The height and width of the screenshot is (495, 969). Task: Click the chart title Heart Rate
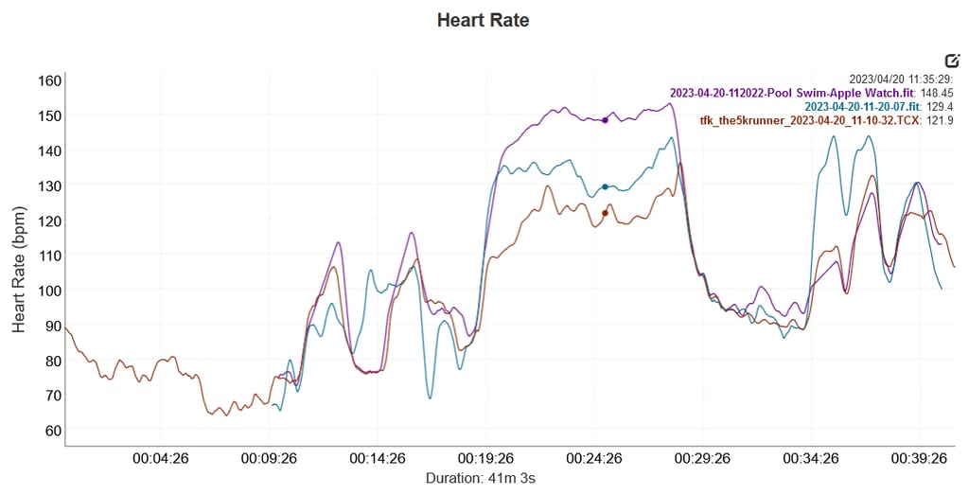coord(484,20)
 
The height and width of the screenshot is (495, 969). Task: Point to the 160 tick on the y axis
coord(50,80)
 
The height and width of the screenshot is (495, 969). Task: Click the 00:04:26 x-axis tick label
coord(162,459)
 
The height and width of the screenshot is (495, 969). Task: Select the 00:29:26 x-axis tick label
coord(701,459)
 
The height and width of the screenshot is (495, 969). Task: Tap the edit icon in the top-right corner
coord(952,60)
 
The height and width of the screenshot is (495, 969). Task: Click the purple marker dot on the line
coord(605,120)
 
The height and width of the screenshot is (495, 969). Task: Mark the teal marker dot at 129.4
coord(605,186)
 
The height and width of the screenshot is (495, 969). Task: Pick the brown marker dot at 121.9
coord(605,213)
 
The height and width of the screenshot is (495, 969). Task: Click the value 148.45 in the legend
coord(936,94)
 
